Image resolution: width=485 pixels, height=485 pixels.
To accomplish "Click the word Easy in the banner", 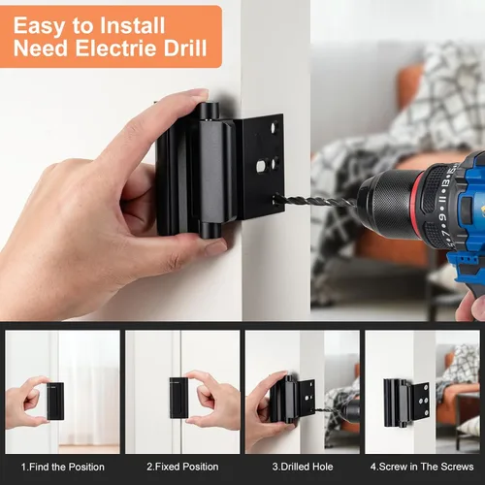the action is coord(39,26).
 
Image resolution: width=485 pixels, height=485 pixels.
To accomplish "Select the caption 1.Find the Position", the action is coord(63,467).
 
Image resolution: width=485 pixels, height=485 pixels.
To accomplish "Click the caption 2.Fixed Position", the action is coord(182,467).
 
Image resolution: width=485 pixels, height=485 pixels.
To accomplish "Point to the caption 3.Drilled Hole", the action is coord(303,467).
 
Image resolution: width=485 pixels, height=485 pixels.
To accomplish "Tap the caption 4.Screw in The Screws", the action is coord(422,467).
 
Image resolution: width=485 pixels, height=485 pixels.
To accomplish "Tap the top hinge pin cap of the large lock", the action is coord(210,111).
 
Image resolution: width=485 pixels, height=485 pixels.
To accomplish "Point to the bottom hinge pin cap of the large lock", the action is coord(210,229).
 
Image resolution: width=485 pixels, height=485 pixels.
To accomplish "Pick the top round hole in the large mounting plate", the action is coord(275,127).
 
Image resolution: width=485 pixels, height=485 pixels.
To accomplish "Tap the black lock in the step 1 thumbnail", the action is coord(55,401).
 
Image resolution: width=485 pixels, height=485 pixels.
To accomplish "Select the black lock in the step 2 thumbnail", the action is coord(178,398).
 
